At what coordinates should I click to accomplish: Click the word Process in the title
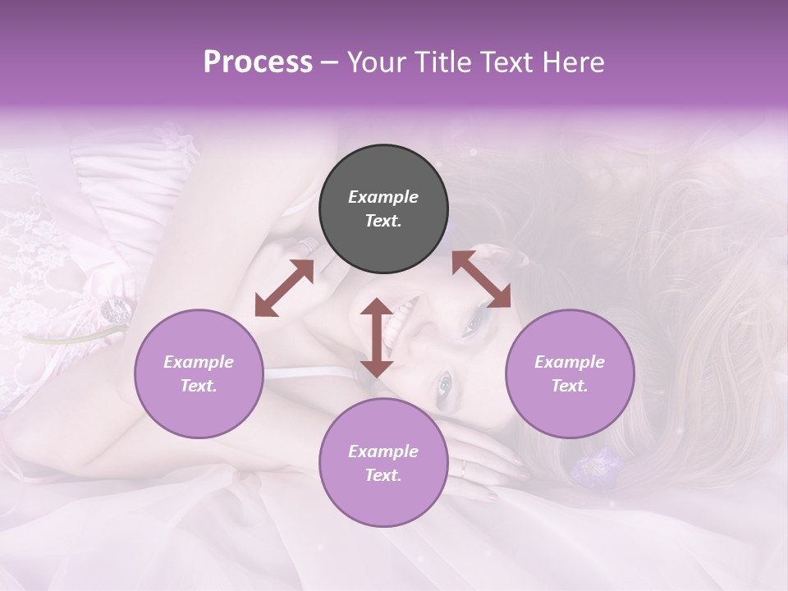(x=258, y=62)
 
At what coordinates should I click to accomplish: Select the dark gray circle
(x=383, y=208)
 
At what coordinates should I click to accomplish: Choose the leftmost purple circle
(x=199, y=373)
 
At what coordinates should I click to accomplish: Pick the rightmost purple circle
(x=570, y=373)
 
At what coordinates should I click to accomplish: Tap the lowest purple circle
(x=383, y=462)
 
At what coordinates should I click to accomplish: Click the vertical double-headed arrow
(x=377, y=337)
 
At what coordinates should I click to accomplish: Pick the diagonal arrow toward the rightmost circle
(x=481, y=279)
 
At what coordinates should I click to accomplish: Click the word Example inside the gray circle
(x=383, y=197)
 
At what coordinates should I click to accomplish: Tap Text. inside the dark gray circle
(x=383, y=221)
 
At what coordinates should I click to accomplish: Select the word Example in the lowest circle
(x=383, y=451)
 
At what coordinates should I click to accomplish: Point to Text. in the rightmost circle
(x=570, y=386)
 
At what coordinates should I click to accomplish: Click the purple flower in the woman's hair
(x=593, y=465)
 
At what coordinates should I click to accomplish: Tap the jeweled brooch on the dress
(x=115, y=310)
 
